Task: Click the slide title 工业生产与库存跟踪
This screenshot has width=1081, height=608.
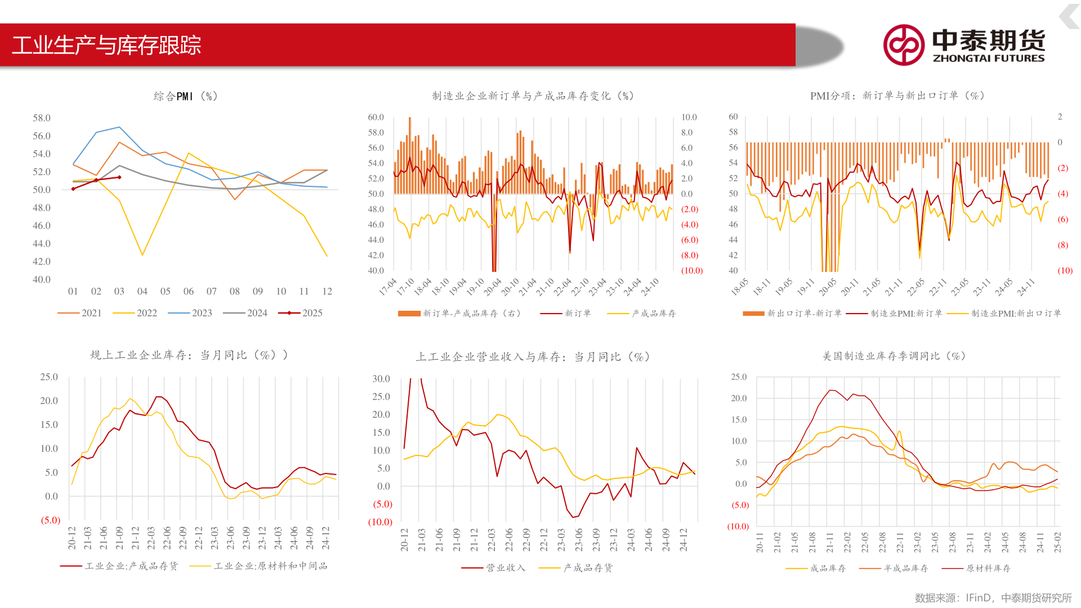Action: [106, 45]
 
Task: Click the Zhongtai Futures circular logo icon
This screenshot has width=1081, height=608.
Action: [903, 45]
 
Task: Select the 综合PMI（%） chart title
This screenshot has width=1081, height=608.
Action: [186, 96]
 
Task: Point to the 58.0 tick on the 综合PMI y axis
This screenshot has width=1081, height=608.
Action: [42, 118]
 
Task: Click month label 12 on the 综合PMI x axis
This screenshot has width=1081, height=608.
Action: [327, 291]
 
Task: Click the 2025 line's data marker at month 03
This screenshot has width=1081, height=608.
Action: [119, 177]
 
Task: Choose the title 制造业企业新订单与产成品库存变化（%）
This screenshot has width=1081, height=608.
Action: [533, 96]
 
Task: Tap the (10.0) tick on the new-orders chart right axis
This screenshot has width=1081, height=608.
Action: [692, 271]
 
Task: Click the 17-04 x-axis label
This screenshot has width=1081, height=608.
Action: [388, 287]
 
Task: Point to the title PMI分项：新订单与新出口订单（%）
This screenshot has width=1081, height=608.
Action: [897, 96]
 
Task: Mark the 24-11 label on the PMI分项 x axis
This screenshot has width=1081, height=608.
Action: [1026, 287]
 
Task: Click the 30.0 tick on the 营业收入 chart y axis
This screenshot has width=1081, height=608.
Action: [381, 379]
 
